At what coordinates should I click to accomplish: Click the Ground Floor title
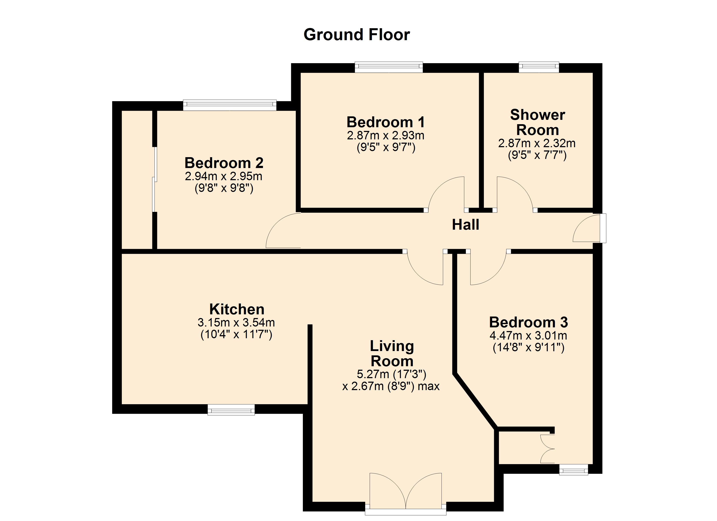(x=357, y=35)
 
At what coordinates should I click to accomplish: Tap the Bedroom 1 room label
(x=385, y=122)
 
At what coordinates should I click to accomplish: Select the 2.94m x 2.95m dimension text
(x=224, y=176)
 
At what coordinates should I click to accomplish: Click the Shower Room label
(x=538, y=122)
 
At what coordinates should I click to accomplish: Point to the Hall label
(x=465, y=225)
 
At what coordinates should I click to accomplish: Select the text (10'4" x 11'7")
(x=236, y=334)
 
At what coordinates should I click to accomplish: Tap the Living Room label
(x=392, y=354)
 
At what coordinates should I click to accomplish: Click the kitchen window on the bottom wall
(x=231, y=410)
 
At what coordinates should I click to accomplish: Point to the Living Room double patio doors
(x=406, y=493)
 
